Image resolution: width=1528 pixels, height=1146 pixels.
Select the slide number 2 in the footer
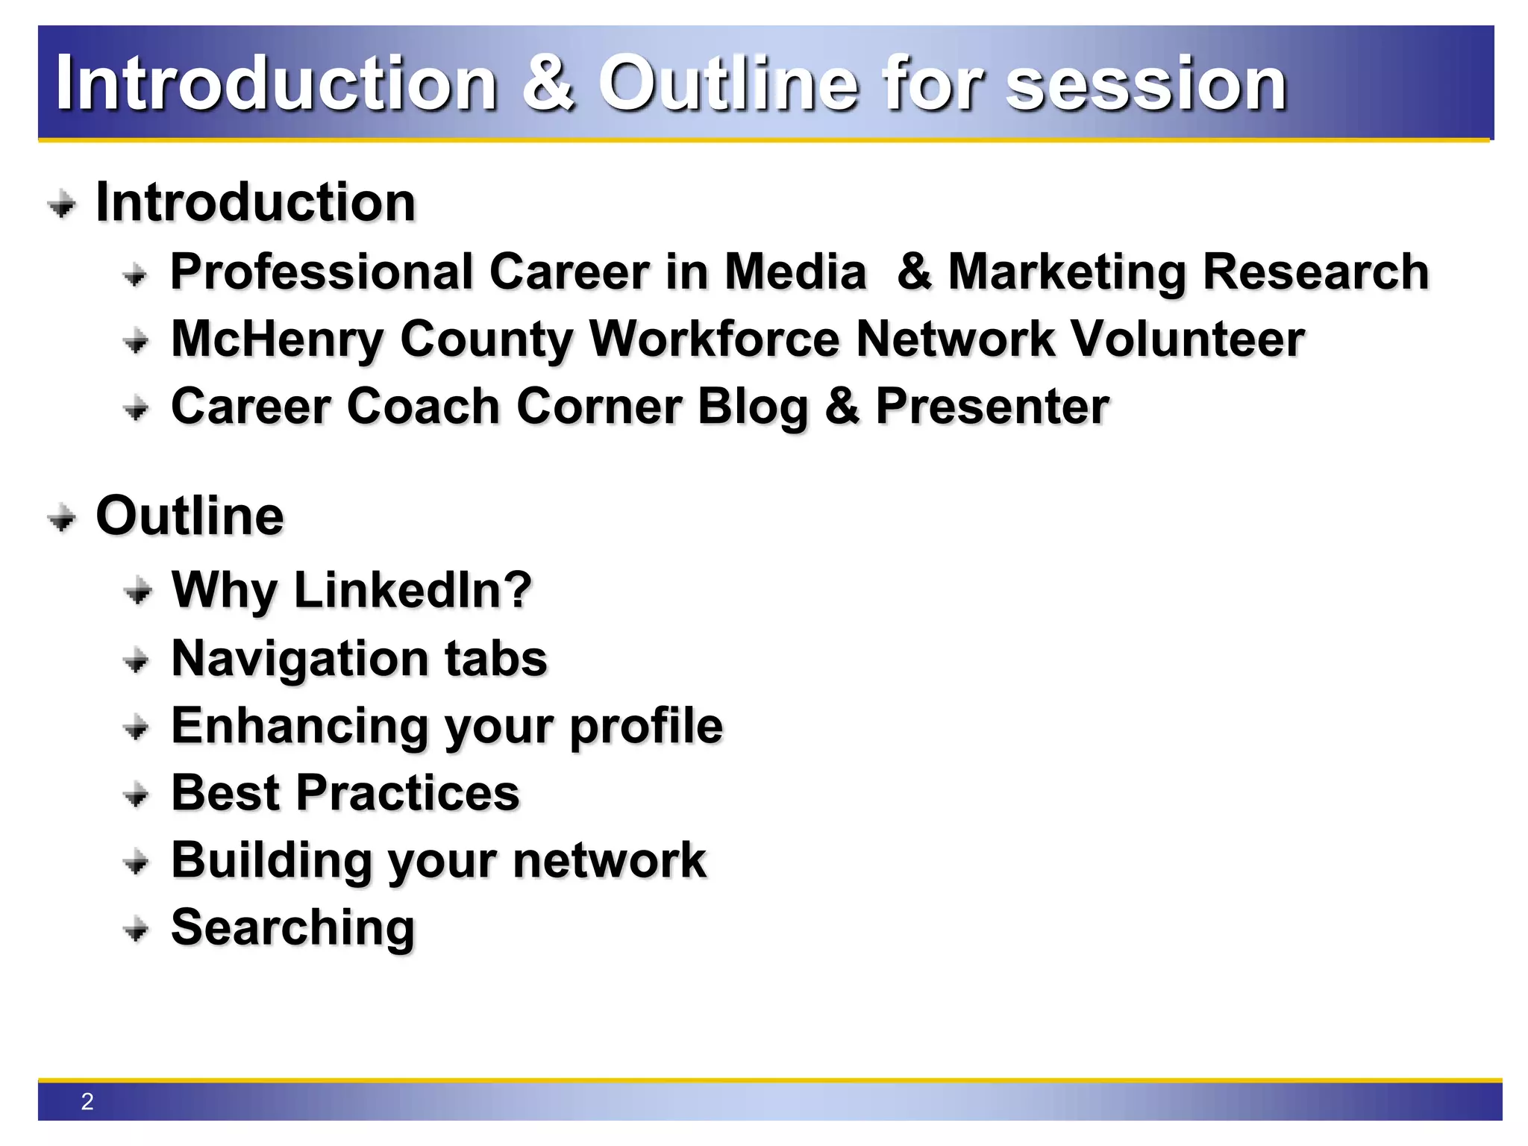(x=87, y=1101)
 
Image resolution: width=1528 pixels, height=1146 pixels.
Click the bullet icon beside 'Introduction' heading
(x=62, y=204)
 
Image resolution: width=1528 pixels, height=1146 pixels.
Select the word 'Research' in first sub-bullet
(x=1315, y=272)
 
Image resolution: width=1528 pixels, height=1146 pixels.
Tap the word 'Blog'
(x=752, y=407)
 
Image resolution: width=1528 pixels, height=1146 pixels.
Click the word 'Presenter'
(x=992, y=407)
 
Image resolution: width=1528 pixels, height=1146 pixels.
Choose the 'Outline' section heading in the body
(x=190, y=516)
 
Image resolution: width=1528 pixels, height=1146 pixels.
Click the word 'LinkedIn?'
(x=413, y=590)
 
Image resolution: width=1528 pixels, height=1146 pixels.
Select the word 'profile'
(x=646, y=727)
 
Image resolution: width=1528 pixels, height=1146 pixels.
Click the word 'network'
(x=609, y=860)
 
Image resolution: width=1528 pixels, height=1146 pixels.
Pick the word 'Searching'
(x=292, y=928)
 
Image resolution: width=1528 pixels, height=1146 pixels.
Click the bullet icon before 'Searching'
(x=137, y=930)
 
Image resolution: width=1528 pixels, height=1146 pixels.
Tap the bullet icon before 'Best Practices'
(x=137, y=795)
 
